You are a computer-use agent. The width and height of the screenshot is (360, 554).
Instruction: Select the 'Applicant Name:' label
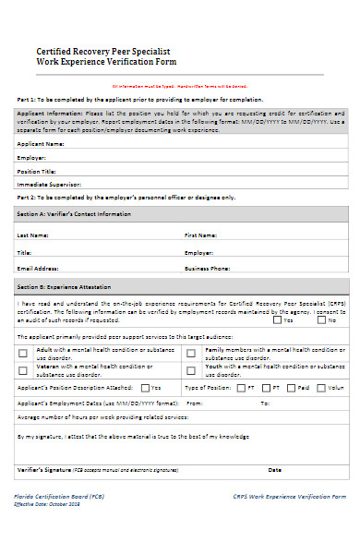pyautogui.click(x=42, y=144)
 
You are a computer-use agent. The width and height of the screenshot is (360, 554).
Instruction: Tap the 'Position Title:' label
pyautogui.click(x=38, y=171)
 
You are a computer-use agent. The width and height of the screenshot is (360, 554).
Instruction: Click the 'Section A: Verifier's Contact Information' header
pyautogui.click(x=75, y=213)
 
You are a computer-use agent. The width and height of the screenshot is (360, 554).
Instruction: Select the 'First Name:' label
pyautogui.click(x=200, y=235)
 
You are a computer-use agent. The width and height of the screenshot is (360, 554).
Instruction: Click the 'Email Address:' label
pyautogui.click(x=38, y=268)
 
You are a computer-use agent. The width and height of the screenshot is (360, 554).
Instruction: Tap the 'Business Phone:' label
pyautogui.click(x=207, y=268)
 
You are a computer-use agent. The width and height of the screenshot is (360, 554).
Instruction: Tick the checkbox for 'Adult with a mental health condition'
pyautogui.click(x=23, y=354)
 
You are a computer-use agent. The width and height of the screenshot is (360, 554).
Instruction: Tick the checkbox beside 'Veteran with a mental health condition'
pyautogui.click(x=23, y=369)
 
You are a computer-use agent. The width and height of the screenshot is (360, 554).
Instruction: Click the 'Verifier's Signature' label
pyautogui.click(x=45, y=470)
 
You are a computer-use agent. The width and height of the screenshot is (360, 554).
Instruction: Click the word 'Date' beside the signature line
pyautogui.click(x=274, y=470)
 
